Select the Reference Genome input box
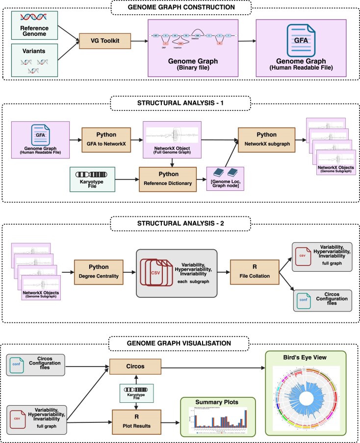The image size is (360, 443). [x=38, y=25]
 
